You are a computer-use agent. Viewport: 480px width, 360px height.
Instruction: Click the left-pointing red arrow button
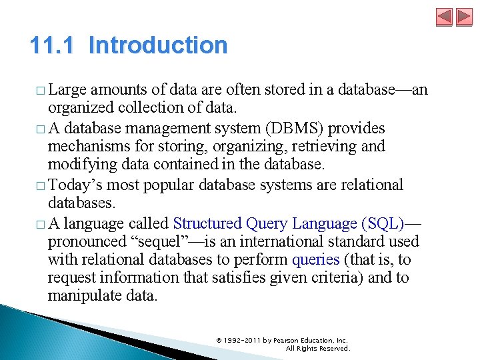click(x=445, y=17)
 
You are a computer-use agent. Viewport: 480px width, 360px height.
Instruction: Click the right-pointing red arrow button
click(x=463, y=17)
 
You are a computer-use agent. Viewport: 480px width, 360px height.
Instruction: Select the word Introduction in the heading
click(x=158, y=45)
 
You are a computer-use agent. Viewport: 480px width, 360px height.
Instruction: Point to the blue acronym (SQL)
click(x=385, y=224)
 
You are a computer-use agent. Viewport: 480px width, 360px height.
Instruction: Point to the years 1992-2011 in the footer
click(x=242, y=340)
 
